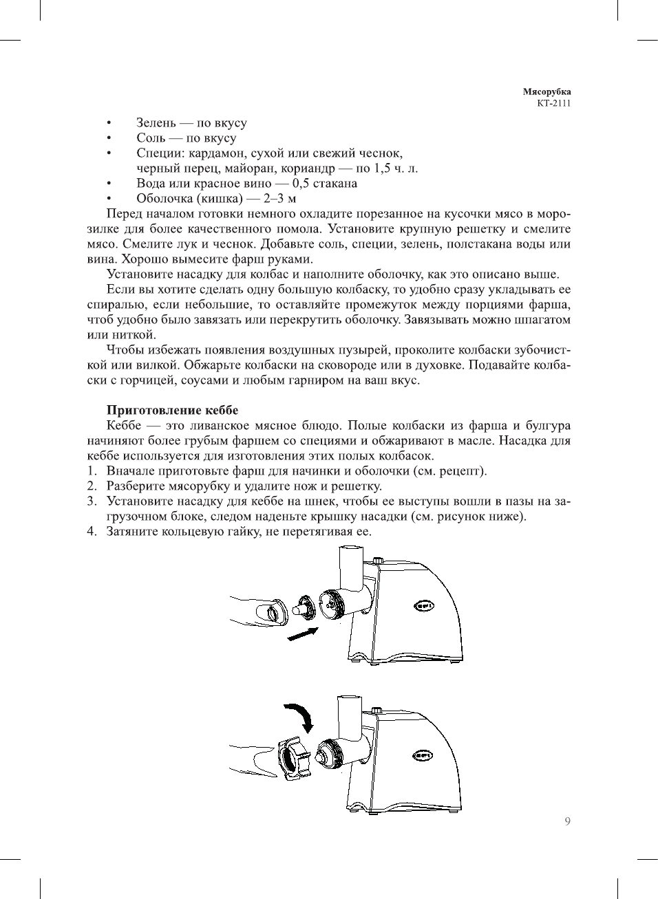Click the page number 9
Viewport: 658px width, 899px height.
click(567, 821)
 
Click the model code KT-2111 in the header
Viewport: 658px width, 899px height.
click(553, 104)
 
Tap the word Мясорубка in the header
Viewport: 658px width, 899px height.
click(546, 91)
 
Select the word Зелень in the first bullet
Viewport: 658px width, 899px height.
click(156, 123)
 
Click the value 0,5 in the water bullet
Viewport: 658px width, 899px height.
click(301, 184)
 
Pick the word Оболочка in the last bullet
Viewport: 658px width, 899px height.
click(164, 199)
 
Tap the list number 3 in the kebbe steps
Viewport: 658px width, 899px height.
click(92, 501)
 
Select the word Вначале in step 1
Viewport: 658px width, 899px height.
click(130, 471)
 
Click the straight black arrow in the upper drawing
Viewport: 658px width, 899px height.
click(303, 633)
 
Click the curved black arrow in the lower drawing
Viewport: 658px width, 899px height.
click(300, 715)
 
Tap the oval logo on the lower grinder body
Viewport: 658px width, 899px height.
click(422, 756)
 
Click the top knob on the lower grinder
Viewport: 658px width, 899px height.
click(376, 709)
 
